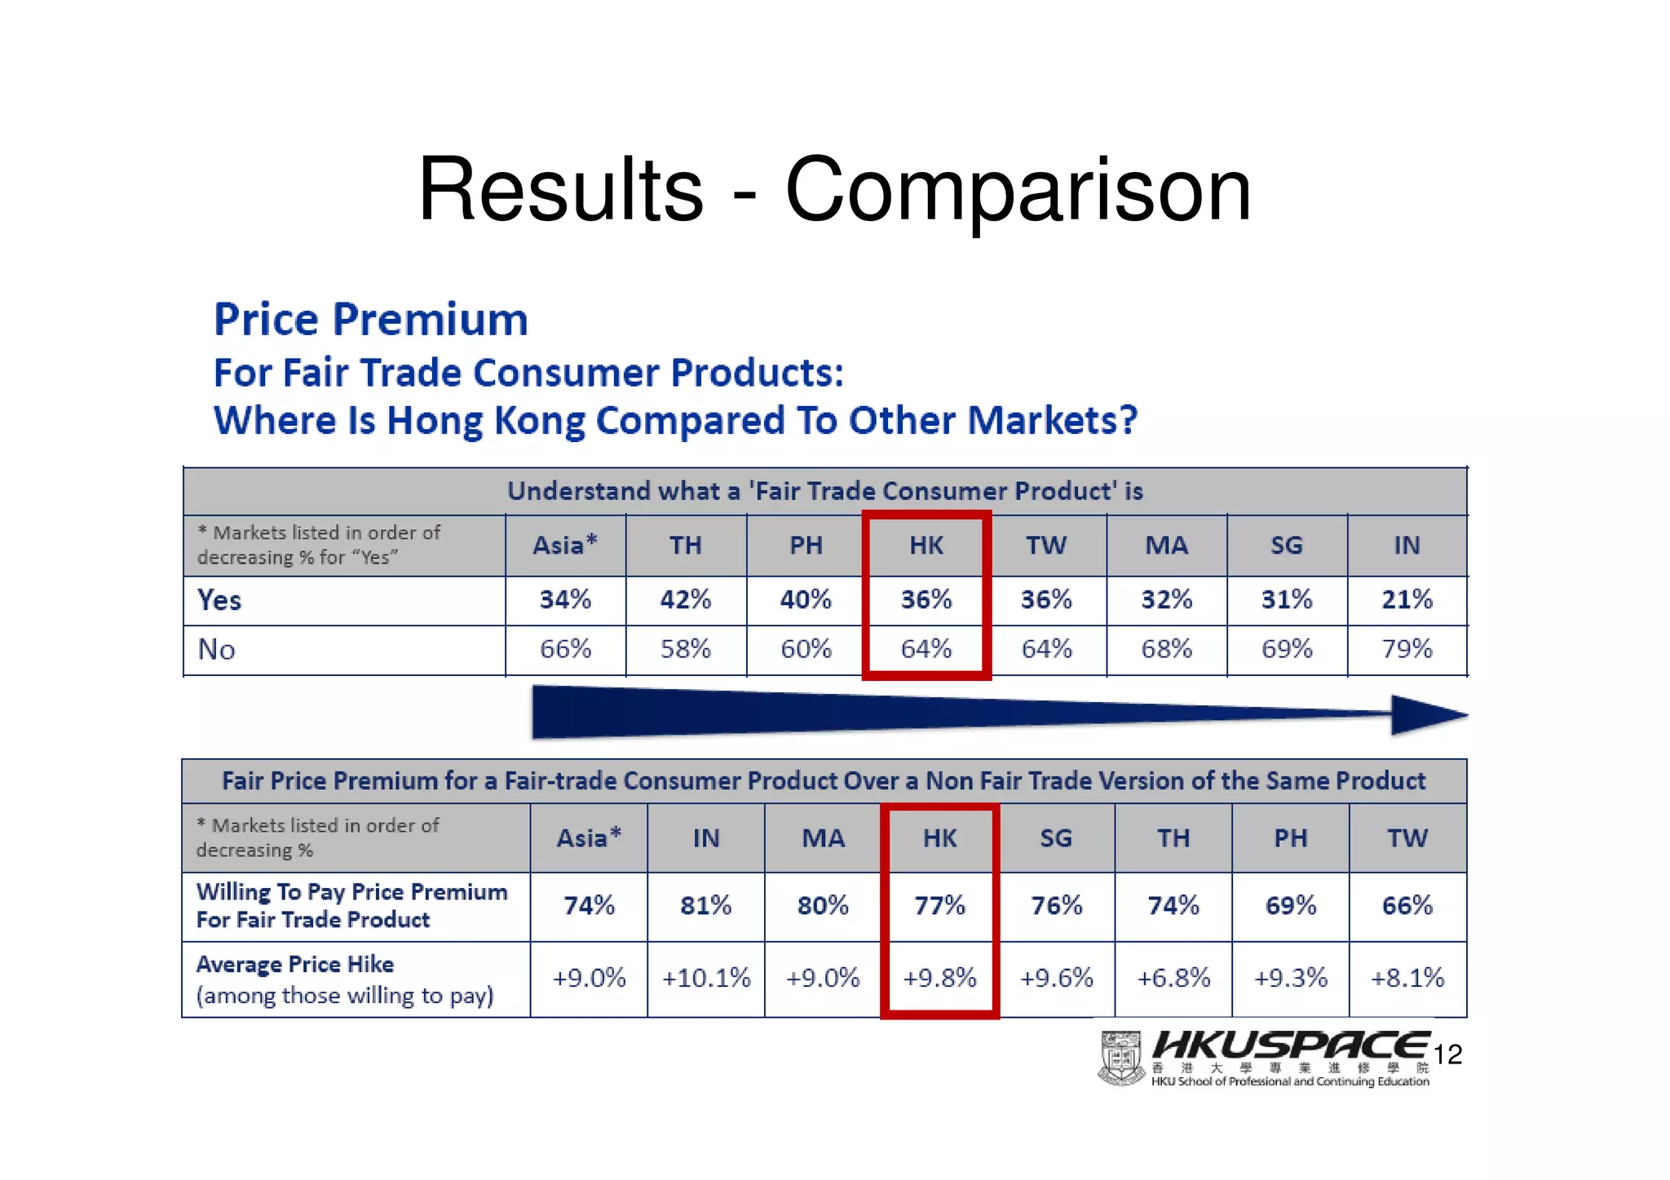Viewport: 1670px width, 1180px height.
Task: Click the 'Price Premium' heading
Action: pos(371,319)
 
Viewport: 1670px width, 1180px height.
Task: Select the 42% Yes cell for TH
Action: pos(685,600)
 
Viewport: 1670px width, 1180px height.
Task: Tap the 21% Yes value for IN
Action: pos(1407,600)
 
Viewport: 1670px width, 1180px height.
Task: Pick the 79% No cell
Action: pos(1407,649)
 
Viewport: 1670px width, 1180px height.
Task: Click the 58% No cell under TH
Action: pos(685,649)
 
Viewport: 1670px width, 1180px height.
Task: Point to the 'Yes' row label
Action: pos(219,601)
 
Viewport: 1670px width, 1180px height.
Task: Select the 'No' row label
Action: pos(217,650)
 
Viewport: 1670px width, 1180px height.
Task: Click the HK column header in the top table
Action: pos(926,546)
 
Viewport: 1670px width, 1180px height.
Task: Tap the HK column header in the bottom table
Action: pos(939,838)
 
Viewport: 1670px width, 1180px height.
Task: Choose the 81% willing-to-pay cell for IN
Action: pos(705,906)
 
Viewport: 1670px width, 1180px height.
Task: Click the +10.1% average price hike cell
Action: pos(705,978)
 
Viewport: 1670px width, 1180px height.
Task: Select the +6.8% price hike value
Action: pos(1173,978)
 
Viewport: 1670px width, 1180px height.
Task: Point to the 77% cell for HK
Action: pos(939,906)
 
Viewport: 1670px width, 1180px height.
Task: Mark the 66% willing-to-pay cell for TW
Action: pos(1407,906)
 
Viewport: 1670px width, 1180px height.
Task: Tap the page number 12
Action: pos(1447,1055)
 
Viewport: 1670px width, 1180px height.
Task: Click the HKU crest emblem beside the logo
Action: pos(1122,1058)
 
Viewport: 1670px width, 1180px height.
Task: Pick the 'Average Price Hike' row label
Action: pos(295,965)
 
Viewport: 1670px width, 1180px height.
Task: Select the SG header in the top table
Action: pos(1286,546)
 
